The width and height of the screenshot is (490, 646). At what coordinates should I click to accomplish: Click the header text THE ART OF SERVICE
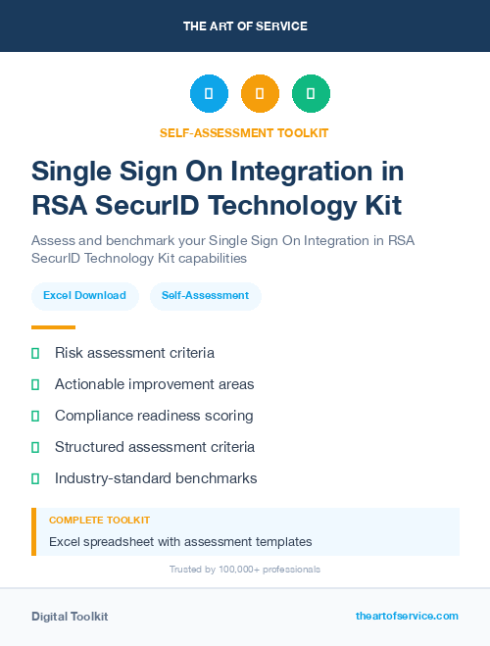click(245, 26)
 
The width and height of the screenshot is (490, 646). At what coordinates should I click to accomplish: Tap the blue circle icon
click(209, 94)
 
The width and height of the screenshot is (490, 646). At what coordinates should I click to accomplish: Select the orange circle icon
click(260, 94)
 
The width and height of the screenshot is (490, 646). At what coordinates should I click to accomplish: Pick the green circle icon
click(311, 94)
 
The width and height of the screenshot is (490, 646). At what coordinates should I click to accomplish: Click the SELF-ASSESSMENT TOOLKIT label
click(245, 133)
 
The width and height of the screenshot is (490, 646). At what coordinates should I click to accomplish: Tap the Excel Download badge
click(84, 295)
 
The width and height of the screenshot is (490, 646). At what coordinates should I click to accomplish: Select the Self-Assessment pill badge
click(205, 295)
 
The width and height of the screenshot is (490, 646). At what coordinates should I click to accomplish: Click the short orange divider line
click(53, 327)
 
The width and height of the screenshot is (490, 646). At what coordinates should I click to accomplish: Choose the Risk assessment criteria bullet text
click(134, 353)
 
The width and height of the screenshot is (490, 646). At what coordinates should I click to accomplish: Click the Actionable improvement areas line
click(154, 384)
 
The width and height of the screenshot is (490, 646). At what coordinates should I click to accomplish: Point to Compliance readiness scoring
click(154, 416)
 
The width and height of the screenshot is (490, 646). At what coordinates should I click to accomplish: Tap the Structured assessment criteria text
click(155, 447)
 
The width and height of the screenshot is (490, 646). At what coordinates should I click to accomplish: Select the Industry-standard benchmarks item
click(156, 478)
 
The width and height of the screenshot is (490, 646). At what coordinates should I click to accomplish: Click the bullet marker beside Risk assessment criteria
click(35, 353)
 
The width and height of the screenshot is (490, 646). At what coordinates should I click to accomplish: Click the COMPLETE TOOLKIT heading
click(99, 521)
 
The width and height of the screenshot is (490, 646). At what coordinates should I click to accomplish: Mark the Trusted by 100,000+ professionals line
click(245, 570)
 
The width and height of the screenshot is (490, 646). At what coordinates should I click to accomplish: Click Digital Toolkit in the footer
click(70, 617)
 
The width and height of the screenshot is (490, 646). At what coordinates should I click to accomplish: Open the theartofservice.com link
click(407, 616)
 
